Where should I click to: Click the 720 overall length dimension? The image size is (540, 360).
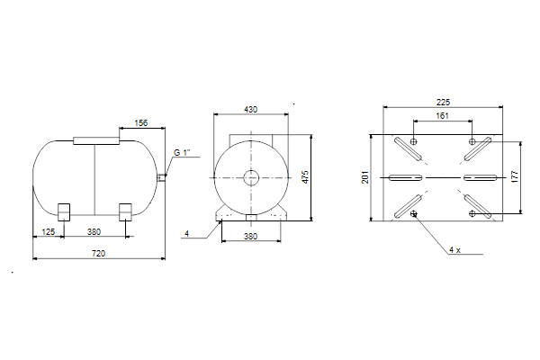pos(98,254)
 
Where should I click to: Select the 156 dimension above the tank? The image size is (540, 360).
pos(141,123)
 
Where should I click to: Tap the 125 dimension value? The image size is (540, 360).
pos(49,232)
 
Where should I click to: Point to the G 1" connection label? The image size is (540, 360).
pos(182,153)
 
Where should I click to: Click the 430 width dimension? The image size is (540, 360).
pos(251,110)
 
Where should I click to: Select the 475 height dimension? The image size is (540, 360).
pos(305,177)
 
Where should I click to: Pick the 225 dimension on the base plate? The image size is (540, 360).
pos(443,103)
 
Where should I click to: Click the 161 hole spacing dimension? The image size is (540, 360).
pos(443,116)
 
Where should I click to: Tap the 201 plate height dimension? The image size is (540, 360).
pos(365,177)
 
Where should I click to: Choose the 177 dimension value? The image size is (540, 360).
pos(515,176)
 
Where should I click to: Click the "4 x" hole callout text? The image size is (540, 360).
pos(454,250)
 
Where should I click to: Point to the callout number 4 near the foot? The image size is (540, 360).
pos(186,234)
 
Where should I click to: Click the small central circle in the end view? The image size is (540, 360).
pos(251,178)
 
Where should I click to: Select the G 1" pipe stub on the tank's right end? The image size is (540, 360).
pos(161,178)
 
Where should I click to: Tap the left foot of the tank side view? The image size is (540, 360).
pos(64,212)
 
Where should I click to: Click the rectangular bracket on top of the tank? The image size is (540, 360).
pos(96,140)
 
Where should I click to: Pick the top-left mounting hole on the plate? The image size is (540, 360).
pos(414,141)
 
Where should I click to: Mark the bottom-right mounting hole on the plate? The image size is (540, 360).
pos(472,213)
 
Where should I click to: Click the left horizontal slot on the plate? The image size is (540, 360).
pos(405,178)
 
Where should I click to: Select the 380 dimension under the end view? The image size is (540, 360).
pos(251,237)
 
